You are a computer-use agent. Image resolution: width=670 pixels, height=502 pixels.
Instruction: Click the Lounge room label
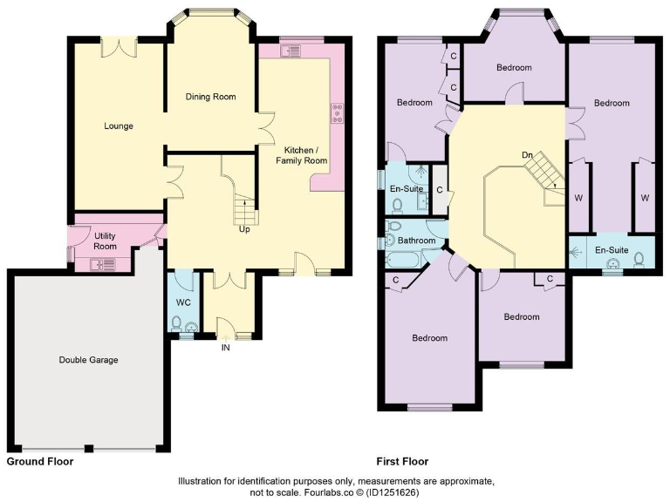tap(119, 126)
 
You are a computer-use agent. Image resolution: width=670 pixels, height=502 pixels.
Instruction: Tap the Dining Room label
tap(210, 97)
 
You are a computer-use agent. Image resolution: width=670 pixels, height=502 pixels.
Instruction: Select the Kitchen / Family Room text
tap(302, 154)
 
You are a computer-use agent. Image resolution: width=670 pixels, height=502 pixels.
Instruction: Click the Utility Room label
tap(105, 241)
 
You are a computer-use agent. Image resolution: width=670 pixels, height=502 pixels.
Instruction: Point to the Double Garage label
tap(88, 360)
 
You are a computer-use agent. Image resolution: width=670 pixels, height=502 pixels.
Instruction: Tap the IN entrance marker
tap(226, 348)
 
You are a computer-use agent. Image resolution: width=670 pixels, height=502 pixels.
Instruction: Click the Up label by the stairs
tap(245, 229)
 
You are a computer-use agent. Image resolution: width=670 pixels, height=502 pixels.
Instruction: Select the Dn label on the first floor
tap(527, 155)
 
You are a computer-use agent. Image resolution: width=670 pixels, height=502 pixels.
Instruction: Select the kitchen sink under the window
tap(289, 51)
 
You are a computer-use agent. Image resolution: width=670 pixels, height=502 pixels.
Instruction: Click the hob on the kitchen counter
tap(336, 113)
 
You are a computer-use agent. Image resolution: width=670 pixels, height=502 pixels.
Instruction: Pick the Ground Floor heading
tap(39, 462)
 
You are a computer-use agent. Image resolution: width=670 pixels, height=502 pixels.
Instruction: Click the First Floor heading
tap(402, 462)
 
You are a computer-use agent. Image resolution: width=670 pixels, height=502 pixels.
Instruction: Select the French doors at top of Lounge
tap(115, 47)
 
